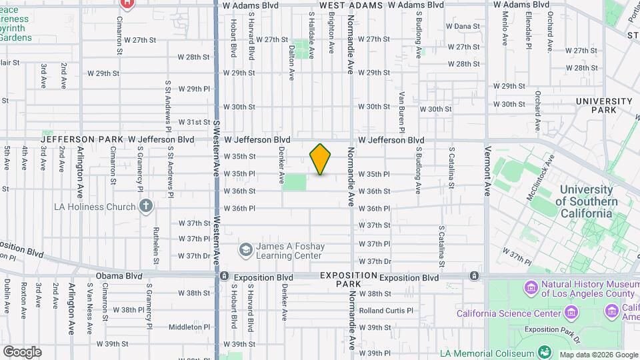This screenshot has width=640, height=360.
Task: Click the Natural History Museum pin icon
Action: [531, 288]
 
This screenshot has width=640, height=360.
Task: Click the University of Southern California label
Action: [587, 202]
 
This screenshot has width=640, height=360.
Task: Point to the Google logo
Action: [21, 352]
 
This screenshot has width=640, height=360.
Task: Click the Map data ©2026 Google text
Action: [597, 355]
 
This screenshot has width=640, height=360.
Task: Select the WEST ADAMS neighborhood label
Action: [351, 5]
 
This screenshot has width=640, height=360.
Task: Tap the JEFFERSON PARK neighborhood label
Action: [63, 139]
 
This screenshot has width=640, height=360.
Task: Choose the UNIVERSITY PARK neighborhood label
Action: [605, 105]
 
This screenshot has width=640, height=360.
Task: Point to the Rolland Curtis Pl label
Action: [386, 311]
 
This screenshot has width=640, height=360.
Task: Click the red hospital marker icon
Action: [127, 3]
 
